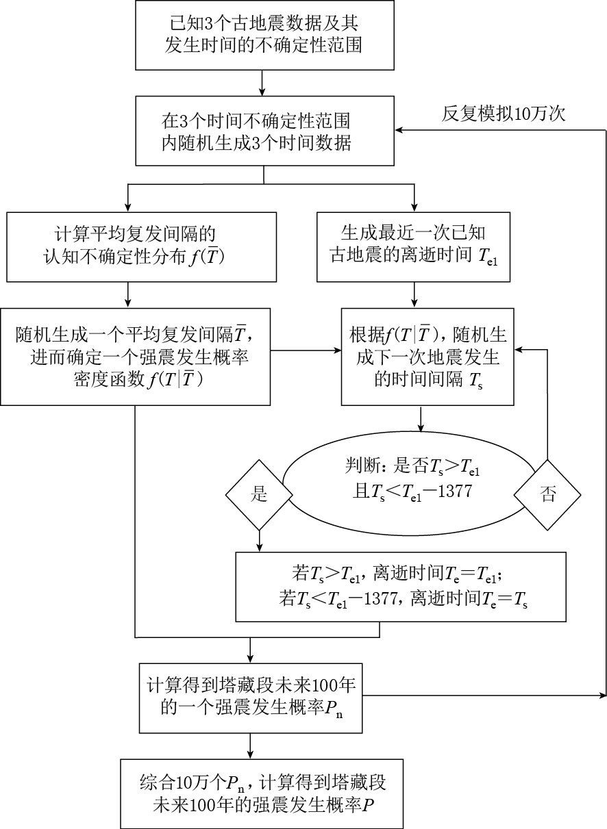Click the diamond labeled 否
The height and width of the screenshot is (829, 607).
pos(549,495)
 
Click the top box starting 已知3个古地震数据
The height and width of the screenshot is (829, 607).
pos(263,35)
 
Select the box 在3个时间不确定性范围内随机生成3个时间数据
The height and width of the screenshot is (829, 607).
pos(263,132)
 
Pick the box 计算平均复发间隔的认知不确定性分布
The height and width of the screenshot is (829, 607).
pos(141,247)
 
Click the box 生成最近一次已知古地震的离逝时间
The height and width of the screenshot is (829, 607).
pos(413,247)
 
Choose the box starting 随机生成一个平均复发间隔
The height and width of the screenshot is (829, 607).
pos(136,357)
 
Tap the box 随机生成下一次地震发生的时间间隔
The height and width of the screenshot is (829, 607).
pos(428,357)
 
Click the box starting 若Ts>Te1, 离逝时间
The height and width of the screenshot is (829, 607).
pos(401,587)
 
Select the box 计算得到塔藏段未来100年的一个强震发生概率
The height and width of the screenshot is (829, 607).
pos(251,698)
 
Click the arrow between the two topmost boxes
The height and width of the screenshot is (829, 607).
pos(263,83)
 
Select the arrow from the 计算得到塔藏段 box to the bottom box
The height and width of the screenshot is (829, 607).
pos(251,745)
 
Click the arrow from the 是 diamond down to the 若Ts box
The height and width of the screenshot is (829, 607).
pos(259,541)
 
